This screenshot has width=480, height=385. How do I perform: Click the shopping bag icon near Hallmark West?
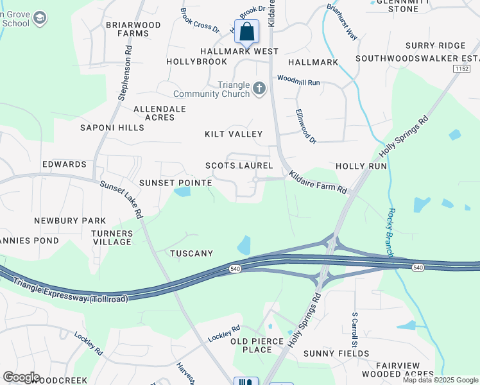[246, 31]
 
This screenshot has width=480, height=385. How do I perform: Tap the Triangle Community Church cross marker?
[259, 88]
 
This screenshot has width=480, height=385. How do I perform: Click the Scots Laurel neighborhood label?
[239, 166]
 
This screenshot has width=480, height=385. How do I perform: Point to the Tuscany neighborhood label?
[191, 253]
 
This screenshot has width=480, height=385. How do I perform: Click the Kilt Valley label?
[234, 134]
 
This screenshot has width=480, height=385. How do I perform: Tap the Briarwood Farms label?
[133, 30]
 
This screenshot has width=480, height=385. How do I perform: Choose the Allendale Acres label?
[160, 114]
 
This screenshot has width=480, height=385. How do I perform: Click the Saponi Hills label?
[112, 128]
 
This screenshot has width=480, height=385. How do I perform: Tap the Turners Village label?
[112, 237]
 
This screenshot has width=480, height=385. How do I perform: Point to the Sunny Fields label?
[328, 354]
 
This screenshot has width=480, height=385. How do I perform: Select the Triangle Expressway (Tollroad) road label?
[70, 291]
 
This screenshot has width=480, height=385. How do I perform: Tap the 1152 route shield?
[461, 68]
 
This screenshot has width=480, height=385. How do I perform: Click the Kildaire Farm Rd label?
[318, 183]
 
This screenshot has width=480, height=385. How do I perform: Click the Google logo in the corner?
[21, 377]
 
